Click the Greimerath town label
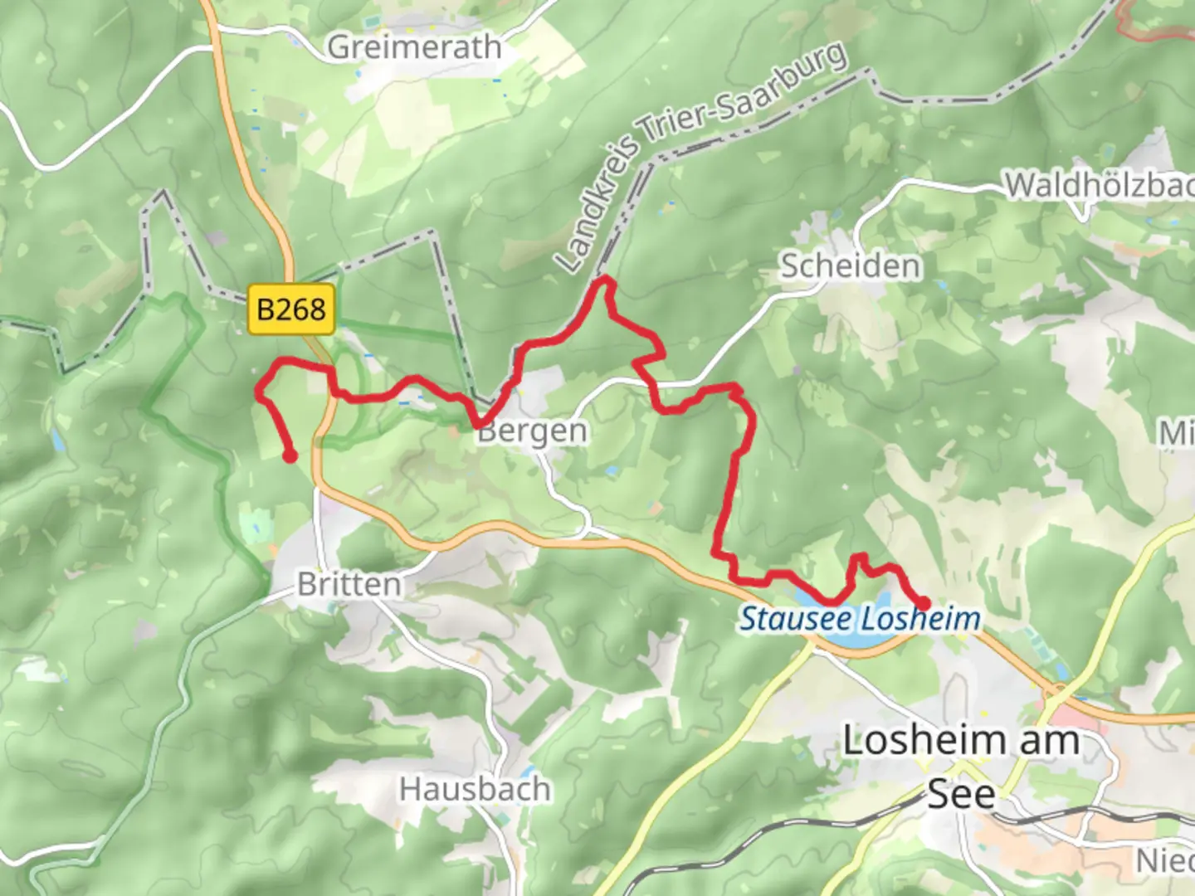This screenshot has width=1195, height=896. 414,47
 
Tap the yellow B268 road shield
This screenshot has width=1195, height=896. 291,309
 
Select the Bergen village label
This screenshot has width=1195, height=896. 533,431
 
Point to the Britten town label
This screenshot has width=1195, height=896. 349,584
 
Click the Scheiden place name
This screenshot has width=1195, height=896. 851,266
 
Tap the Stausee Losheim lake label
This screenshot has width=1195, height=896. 860,619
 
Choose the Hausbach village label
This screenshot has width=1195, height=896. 475,789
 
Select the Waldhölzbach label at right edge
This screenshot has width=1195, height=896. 1100,185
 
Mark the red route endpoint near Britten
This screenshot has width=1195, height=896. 290,455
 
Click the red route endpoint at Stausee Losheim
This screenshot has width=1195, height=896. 923,603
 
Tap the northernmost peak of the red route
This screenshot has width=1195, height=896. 605,280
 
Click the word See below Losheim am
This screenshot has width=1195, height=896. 961,794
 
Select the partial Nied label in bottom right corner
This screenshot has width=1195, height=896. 1165,860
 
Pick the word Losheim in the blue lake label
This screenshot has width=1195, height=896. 919,619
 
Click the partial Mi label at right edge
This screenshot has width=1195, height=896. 1177,432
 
